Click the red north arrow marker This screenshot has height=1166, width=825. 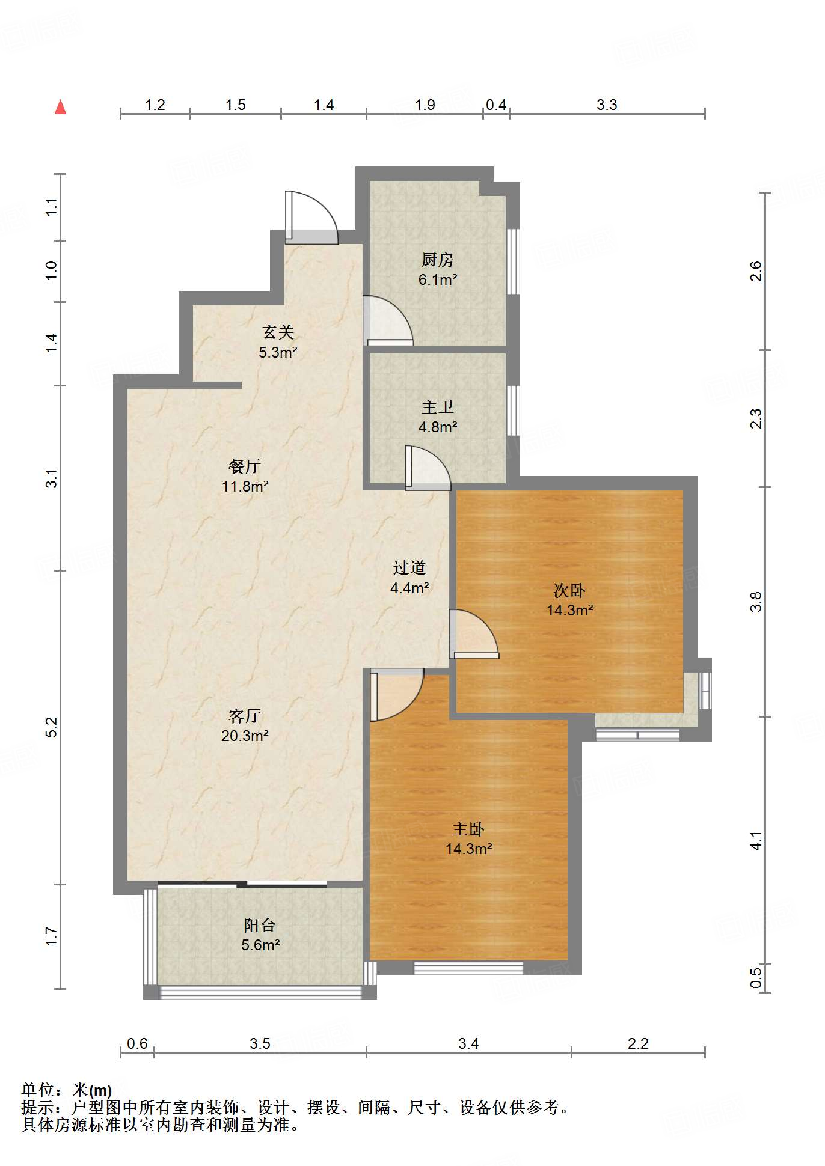point(60,107)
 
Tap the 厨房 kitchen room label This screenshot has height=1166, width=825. point(437,260)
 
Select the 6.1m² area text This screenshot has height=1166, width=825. point(438,279)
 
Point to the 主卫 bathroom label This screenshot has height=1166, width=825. point(437,407)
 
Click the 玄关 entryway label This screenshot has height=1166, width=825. point(278,332)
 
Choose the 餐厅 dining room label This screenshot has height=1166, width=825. point(244,466)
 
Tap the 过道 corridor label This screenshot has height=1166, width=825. point(409,567)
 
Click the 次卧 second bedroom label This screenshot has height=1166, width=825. point(569,590)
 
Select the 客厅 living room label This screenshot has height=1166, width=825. point(244,716)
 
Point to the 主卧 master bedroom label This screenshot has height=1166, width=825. point(468,829)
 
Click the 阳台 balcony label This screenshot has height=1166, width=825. point(260,926)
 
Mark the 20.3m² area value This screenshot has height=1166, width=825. point(245,736)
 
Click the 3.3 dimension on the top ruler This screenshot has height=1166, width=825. point(607,105)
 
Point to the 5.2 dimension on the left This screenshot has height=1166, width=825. point(52,727)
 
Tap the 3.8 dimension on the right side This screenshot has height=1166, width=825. point(756,602)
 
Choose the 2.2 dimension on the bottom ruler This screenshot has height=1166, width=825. point(638,1043)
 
